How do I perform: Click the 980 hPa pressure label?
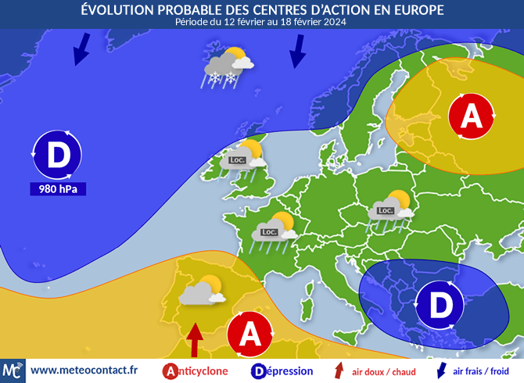[x=58, y=189]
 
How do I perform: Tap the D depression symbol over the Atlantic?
[x=58, y=155]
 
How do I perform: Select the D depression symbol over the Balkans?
[x=442, y=305]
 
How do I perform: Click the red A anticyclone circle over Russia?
[x=472, y=116]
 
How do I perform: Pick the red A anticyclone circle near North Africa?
[x=250, y=334]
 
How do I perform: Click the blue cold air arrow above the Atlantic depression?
[x=81, y=51]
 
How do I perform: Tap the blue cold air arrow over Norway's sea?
[x=297, y=52]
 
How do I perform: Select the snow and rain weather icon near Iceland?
[x=228, y=67]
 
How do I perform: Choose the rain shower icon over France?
[x=274, y=231]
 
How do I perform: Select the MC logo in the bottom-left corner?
[x=13, y=370]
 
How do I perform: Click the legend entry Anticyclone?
[x=197, y=371]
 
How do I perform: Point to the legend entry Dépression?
[x=282, y=371]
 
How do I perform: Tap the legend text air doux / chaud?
[x=383, y=372]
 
